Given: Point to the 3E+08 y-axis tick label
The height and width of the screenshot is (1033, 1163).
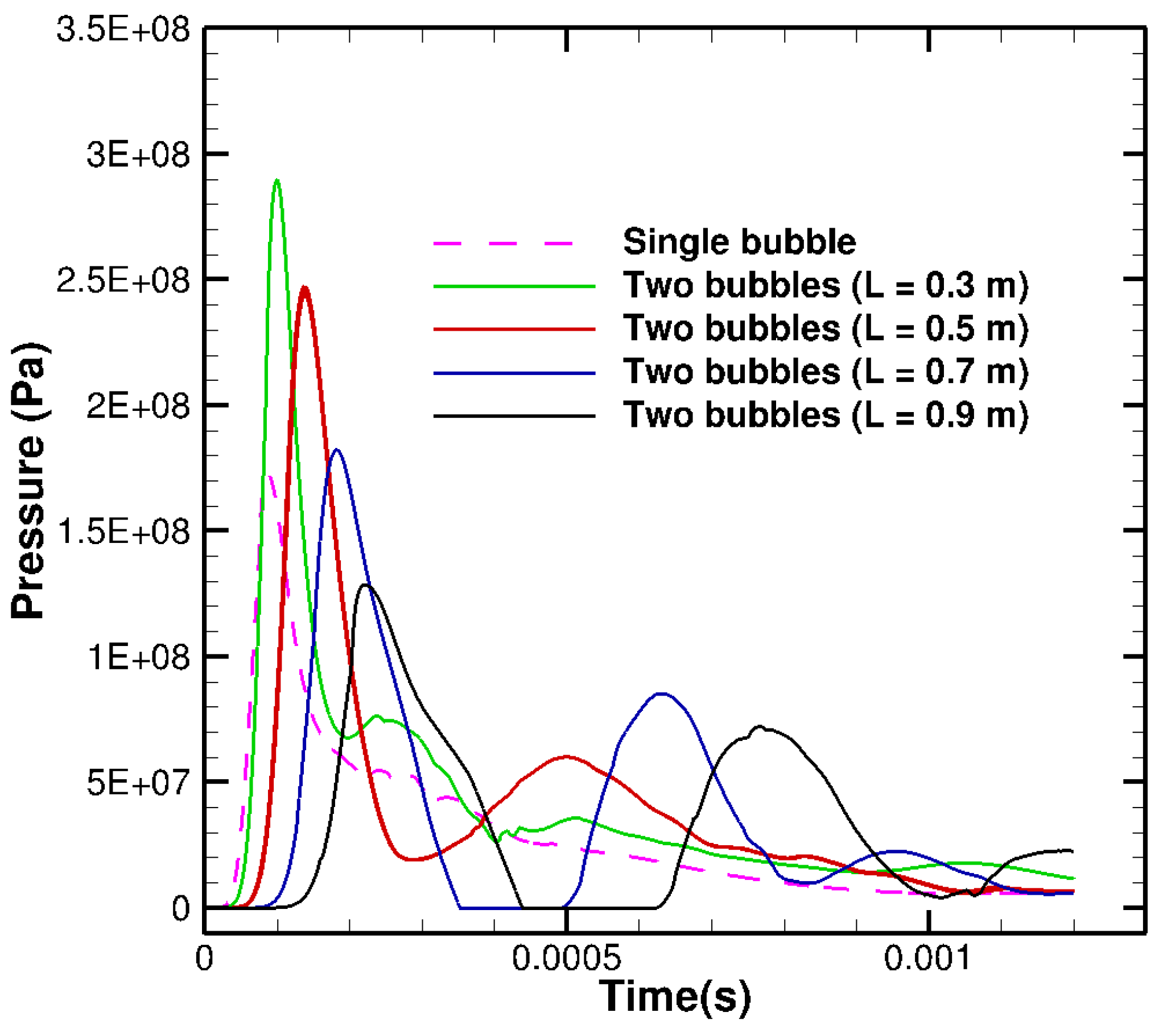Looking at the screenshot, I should [x=138, y=155].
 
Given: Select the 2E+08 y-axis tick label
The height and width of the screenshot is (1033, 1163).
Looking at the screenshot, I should [x=138, y=406].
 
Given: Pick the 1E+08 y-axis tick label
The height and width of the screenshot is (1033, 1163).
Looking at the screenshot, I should [x=138, y=658].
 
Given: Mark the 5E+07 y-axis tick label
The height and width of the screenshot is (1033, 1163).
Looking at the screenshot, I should [x=138, y=784].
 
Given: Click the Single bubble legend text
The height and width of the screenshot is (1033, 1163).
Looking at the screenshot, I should [x=739, y=242].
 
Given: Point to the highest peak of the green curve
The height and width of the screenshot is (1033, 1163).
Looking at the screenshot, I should [x=277, y=180].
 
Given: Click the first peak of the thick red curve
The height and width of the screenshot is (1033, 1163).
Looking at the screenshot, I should [x=305, y=288].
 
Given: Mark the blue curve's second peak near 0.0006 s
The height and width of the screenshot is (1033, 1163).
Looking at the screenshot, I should [x=661, y=694].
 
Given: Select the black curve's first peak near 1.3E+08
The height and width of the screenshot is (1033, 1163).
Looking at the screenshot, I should [x=366, y=585].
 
